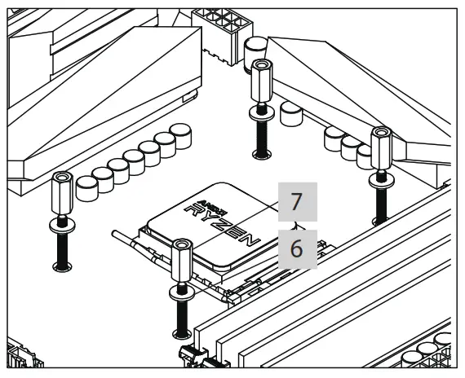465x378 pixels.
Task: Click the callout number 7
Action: pyautogui.click(x=297, y=202)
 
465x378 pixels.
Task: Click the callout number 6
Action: pyautogui.click(x=296, y=248)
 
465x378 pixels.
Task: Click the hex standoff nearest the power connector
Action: pyautogui.click(x=261, y=81)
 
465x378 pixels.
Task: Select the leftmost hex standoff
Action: pyautogui.click(x=62, y=193)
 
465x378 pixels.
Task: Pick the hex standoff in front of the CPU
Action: pyautogui.click(x=182, y=261)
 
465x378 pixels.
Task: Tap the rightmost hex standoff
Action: pyautogui.click(x=381, y=148)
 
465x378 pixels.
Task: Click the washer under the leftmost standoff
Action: pyautogui.click(x=62, y=226)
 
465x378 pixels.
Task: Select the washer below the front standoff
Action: pyautogui.click(x=182, y=294)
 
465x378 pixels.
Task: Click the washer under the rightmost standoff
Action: pyautogui.click(x=382, y=181)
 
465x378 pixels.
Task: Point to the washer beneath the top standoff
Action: pyautogui.click(x=262, y=114)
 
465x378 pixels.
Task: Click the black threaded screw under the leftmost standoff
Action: pyautogui.click(x=62, y=252)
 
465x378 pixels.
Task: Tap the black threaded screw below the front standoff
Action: pyautogui.click(x=182, y=319)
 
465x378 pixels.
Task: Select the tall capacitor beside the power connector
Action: pyautogui.click(x=255, y=55)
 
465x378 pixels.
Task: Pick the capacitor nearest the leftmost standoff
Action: pyautogui.click(x=87, y=189)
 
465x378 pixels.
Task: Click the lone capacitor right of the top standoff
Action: pyautogui.click(x=291, y=114)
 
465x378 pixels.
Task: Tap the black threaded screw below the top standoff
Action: pyautogui.click(x=262, y=138)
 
